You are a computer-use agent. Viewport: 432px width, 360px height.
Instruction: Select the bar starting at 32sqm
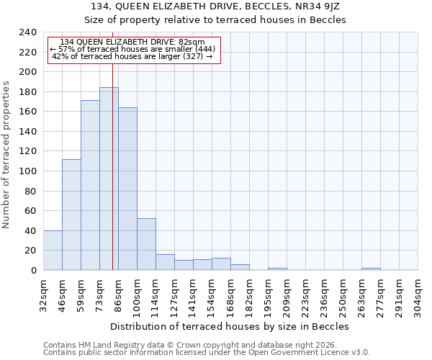click(53, 250)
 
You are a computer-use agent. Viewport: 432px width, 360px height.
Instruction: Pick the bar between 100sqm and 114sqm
click(146, 244)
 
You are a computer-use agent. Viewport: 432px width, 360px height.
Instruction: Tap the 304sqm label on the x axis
click(418, 293)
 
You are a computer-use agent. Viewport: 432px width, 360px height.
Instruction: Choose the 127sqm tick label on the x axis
click(174, 293)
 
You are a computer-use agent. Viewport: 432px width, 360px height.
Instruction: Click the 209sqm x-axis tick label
click(287, 293)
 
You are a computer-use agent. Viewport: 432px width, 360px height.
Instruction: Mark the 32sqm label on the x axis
click(43, 293)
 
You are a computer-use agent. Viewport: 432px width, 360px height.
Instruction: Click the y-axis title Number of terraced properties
click(6, 154)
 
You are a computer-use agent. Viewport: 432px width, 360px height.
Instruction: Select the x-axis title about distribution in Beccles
click(230, 326)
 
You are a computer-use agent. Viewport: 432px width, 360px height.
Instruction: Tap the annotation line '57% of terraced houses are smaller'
click(133, 49)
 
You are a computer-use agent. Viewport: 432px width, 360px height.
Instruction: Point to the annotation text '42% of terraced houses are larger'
click(133, 56)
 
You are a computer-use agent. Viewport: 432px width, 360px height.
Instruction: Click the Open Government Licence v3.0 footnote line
click(207, 353)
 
